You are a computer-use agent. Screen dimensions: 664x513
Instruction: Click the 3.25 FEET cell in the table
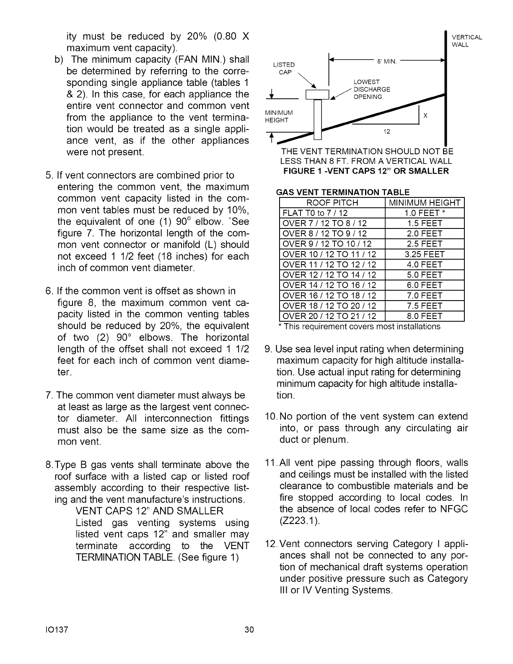[425, 254]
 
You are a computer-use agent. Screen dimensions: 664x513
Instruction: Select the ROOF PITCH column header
[332, 203]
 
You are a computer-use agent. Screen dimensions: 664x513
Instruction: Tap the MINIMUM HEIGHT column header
[425, 203]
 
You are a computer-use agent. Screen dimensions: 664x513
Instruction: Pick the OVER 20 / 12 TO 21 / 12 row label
[329, 316]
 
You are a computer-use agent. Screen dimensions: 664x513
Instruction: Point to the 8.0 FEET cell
[425, 316]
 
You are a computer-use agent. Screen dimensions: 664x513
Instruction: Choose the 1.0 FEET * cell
[425, 213]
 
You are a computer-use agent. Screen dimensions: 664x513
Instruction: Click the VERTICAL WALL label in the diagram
[466, 41]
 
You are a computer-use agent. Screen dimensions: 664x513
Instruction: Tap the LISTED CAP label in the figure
[284, 68]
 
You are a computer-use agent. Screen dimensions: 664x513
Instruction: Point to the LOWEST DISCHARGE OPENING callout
[371, 89]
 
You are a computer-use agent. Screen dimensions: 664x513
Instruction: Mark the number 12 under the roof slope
[387, 132]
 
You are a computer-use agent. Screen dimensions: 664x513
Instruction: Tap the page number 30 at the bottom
[249, 630]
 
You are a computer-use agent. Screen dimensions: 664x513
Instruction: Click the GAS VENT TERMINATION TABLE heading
[342, 192]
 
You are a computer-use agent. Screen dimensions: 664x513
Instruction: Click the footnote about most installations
[360, 327]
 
